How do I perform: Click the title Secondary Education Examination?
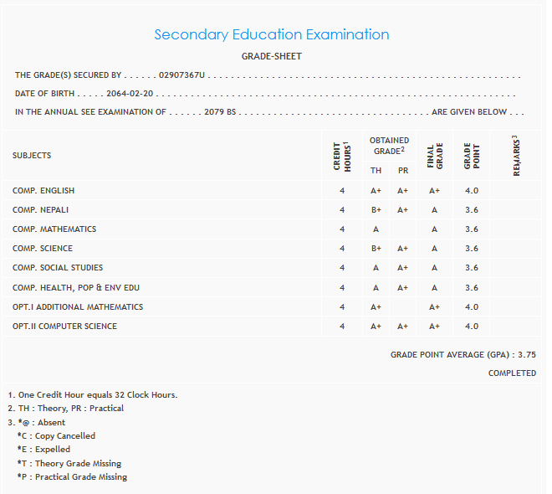272,35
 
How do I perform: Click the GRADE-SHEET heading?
272,56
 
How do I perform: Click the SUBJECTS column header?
32,156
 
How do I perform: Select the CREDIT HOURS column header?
342,156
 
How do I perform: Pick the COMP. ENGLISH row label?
43,191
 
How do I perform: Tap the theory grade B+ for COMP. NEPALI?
376,210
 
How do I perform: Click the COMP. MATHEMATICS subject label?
54,229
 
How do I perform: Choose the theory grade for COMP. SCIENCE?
376,249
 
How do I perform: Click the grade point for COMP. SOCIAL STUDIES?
472,268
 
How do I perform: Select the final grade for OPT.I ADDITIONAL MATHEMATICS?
435,307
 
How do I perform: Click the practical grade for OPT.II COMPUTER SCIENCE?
403,327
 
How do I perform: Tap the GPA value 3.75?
526,355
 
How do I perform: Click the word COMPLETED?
512,373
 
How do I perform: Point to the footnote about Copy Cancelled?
56,436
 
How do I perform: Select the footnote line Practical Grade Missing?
72,477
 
